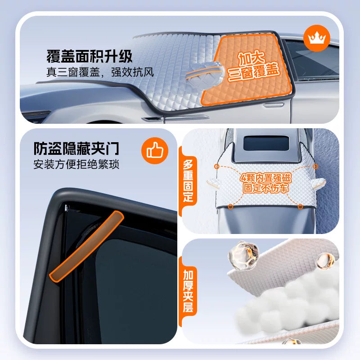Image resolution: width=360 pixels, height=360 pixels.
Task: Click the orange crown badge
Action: [317, 38]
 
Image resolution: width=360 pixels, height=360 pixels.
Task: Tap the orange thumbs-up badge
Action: [155, 151]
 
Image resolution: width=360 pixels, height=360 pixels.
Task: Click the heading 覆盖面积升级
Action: [90, 56]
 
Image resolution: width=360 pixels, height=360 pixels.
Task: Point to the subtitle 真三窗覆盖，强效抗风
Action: [100, 72]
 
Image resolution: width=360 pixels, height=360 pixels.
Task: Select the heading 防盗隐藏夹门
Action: [76, 148]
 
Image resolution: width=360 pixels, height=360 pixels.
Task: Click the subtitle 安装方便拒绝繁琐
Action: [76, 164]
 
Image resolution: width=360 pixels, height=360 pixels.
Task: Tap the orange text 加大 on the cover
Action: [252, 59]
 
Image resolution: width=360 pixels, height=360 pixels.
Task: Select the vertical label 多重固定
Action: [188, 181]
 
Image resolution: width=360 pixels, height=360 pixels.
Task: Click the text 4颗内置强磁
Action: [265, 178]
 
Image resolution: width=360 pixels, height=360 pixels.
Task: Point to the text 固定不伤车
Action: [265, 188]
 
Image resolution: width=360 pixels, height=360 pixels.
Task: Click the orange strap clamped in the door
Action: [86, 247]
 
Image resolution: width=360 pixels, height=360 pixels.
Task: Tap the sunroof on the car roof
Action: [266, 143]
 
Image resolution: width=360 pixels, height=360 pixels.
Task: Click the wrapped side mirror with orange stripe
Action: [205, 72]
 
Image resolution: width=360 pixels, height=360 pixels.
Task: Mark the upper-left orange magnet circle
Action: [216, 166]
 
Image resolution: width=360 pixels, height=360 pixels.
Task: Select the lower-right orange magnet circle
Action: [300, 207]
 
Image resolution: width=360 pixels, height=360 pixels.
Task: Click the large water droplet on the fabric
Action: [243, 255]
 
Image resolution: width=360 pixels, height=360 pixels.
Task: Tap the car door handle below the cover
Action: [273, 105]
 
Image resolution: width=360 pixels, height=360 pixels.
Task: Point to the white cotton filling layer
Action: [287, 303]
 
